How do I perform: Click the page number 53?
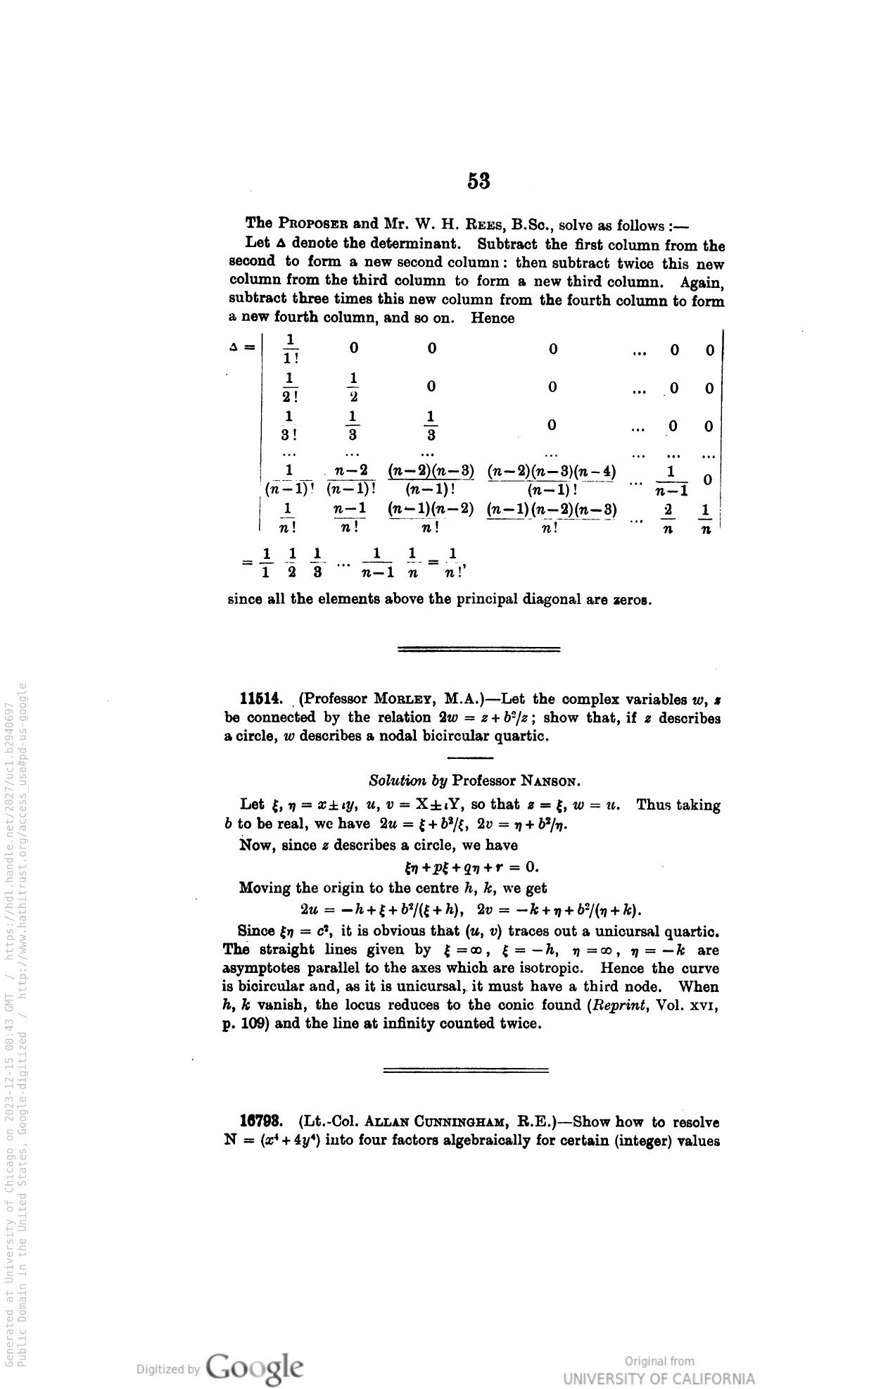tap(478, 182)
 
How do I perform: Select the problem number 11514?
tap(261, 700)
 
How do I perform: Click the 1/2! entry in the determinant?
tap(289, 387)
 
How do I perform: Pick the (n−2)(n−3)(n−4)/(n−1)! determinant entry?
tap(552, 479)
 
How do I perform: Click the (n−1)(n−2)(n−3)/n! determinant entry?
tap(552, 517)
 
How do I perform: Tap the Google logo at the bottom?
tap(256, 1367)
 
